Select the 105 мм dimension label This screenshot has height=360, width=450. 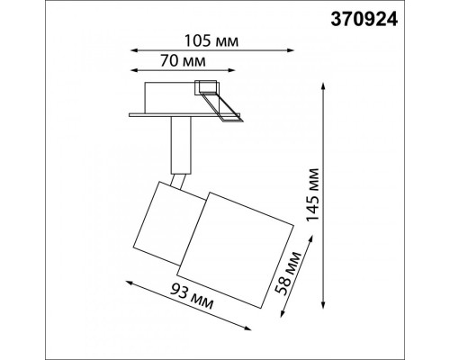click(x=211, y=41)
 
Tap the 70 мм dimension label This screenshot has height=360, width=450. click(x=183, y=61)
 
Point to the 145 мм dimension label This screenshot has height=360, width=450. click(x=312, y=194)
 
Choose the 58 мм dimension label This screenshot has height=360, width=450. click(x=288, y=273)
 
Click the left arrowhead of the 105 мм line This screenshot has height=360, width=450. click(x=134, y=50)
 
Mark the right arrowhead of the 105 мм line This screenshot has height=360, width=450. click(x=291, y=50)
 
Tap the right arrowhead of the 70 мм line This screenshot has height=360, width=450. click(x=231, y=70)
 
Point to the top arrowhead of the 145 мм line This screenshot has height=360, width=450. click(x=323, y=86)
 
